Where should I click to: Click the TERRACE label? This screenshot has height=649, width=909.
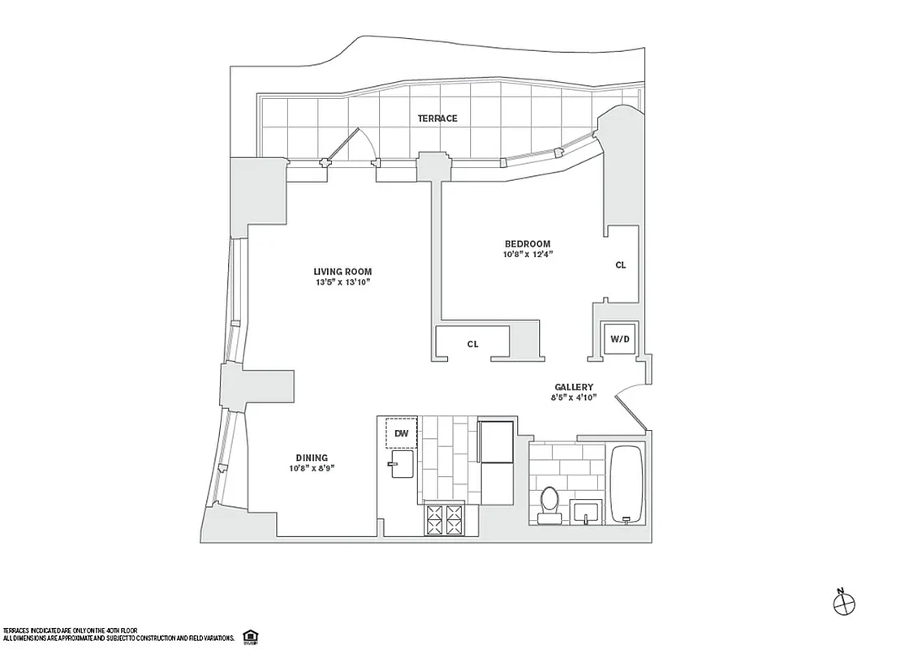(x=437, y=118)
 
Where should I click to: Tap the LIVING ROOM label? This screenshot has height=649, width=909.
(x=343, y=272)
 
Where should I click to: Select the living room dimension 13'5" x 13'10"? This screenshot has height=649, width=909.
(x=343, y=283)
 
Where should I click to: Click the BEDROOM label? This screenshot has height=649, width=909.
(x=528, y=244)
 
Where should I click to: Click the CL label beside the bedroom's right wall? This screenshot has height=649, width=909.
(x=621, y=265)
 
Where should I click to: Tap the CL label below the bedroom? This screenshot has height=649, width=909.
(x=472, y=344)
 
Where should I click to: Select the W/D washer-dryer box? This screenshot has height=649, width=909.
(x=619, y=338)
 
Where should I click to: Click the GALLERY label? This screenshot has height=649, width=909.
(x=574, y=388)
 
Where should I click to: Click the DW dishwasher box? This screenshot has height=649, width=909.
(x=400, y=433)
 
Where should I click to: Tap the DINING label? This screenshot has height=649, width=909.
(x=312, y=458)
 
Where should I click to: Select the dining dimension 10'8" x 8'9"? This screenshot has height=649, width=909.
(x=312, y=468)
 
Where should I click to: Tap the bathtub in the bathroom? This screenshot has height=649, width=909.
(x=627, y=484)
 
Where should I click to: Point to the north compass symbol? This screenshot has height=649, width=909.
(x=845, y=602)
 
